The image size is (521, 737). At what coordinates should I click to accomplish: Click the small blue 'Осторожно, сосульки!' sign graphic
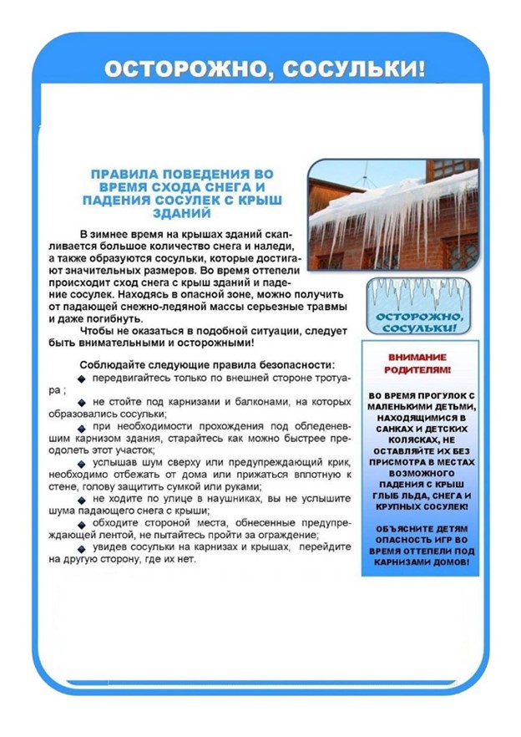pos(416,308)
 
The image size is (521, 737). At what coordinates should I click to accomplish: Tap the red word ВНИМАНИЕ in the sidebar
pos(420,357)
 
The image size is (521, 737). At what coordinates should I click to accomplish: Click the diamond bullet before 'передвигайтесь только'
pos(82,379)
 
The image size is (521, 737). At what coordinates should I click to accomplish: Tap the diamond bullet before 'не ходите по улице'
pos(82,499)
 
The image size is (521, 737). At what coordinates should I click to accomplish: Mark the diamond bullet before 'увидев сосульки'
pos(82,547)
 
